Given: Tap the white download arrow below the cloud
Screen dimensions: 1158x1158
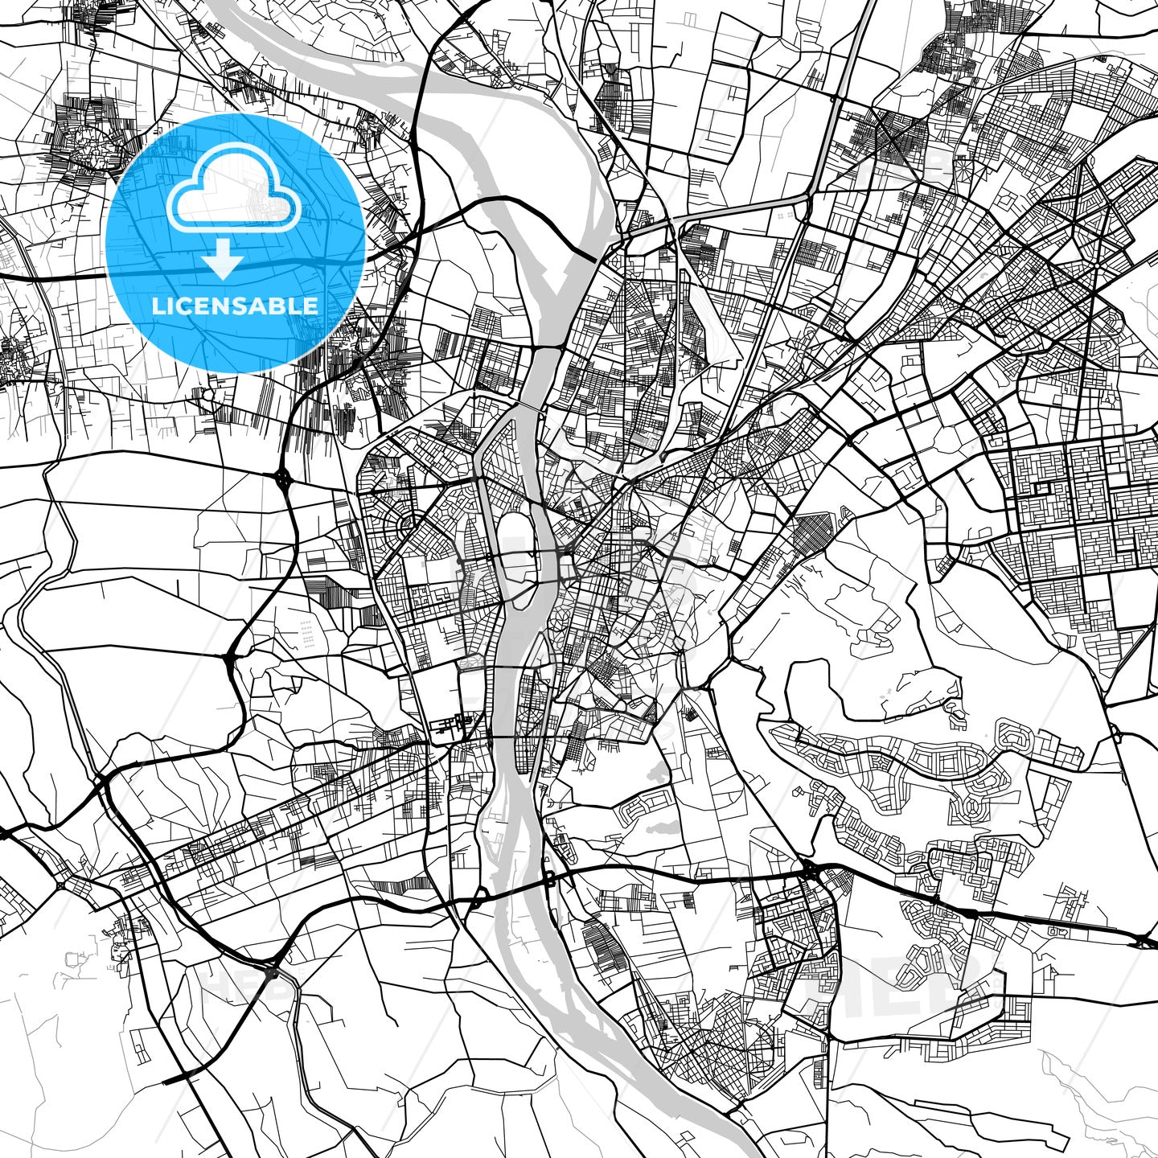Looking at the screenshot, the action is pyautogui.click(x=223, y=259).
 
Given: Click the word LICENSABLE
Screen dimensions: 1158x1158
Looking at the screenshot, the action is pyautogui.click(x=235, y=306).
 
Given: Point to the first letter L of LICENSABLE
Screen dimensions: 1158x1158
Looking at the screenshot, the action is pyautogui.click(x=157, y=306).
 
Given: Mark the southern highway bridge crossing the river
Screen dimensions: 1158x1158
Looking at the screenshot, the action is pyautogui.click(x=515, y=889).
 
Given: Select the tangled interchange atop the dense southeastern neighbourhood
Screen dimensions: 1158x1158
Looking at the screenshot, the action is pyautogui.click(x=811, y=870).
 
